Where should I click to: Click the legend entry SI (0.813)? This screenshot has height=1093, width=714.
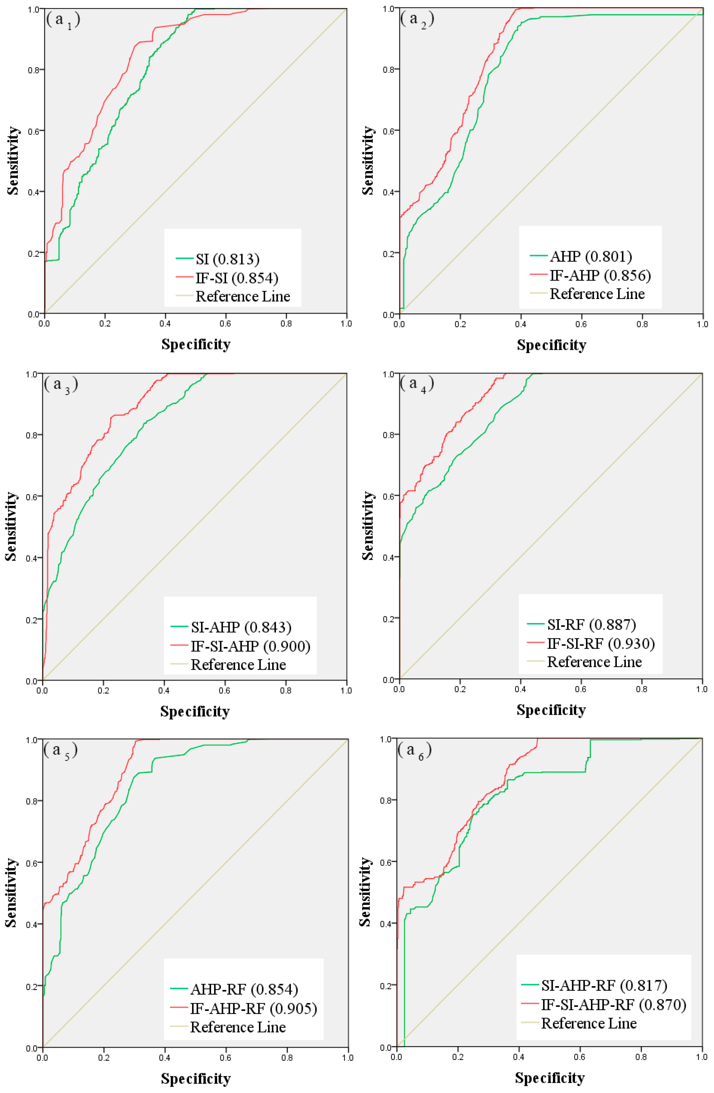click(227, 259)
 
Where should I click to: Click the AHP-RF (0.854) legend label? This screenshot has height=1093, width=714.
click(244, 989)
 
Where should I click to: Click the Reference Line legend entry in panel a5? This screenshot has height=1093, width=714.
click(238, 1027)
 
